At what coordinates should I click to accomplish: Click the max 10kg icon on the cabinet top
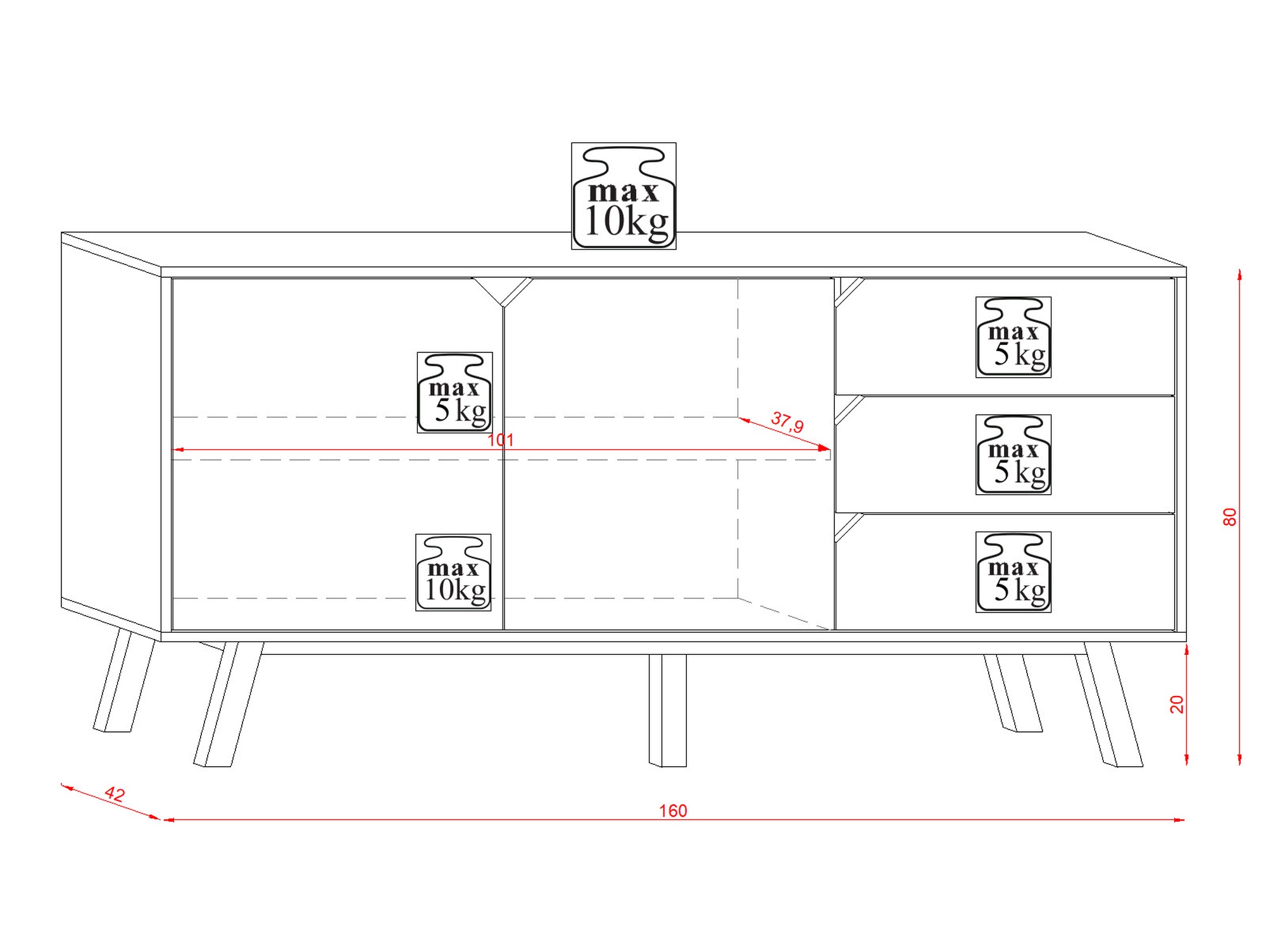(x=624, y=195)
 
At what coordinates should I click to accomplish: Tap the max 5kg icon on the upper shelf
(x=454, y=392)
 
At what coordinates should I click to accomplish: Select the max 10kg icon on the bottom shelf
(x=453, y=573)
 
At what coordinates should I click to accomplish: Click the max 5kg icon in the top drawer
(x=1013, y=337)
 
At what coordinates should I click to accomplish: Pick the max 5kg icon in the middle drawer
(x=1013, y=454)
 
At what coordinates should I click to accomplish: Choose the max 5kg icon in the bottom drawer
(x=1013, y=572)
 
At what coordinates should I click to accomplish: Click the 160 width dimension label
(x=673, y=811)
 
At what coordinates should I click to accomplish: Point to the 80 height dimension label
(x=1229, y=517)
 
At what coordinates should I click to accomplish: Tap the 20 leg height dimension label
(x=1176, y=704)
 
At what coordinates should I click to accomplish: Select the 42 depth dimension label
(x=115, y=794)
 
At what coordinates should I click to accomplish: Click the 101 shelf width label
(x=501, y=440)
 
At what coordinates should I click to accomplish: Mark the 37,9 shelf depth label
(x=787, y=422)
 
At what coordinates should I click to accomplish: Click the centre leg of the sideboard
(x=668, y=710)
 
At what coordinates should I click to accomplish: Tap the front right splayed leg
(x=1109, y=705)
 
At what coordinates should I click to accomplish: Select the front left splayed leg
(x=229, y=705)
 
